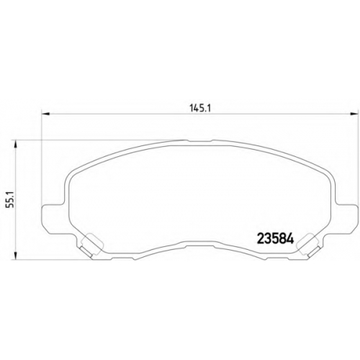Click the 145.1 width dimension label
pyautogui.click(x=200, y=109)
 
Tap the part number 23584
pyautogui.click(x=276, y=239)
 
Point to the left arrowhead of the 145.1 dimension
pyautogui.click(x=45, y=114)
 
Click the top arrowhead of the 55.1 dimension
pyautogui.click(x=16, y=144)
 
